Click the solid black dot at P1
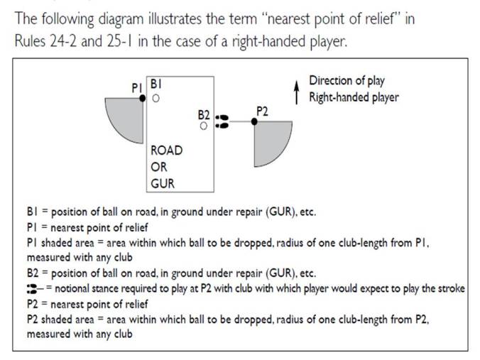click(143, 99)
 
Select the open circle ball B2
click(204, 126)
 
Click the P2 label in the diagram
click(261, 111)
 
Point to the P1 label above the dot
click(137, 87)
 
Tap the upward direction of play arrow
click(297, 93)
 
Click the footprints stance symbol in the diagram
click(222, 121)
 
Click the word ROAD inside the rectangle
click(167, 151)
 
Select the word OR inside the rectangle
click(158, 167)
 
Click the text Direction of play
click(347, 80)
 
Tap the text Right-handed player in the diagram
click(353, 97)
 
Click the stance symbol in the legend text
click(33, 288)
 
